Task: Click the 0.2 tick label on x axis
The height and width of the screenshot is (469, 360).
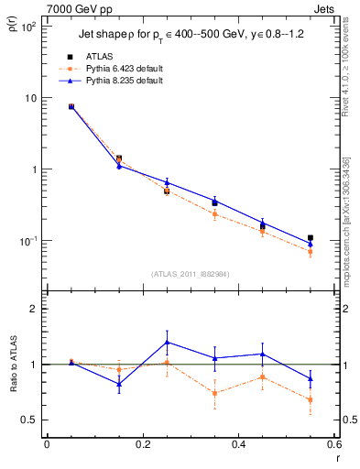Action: (143, 444)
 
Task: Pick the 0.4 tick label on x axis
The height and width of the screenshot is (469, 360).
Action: (238, 444)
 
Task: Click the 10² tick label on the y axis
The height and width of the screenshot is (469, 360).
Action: (27, 27)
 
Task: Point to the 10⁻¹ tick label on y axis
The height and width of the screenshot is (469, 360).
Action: (27, 241)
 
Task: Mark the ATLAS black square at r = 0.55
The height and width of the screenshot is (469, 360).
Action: (311, 238)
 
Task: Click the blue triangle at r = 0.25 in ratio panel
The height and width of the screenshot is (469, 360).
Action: (167, 342)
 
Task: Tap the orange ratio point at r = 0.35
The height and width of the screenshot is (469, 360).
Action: (214, 393)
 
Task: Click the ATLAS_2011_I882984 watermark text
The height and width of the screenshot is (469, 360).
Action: (191, 273)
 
